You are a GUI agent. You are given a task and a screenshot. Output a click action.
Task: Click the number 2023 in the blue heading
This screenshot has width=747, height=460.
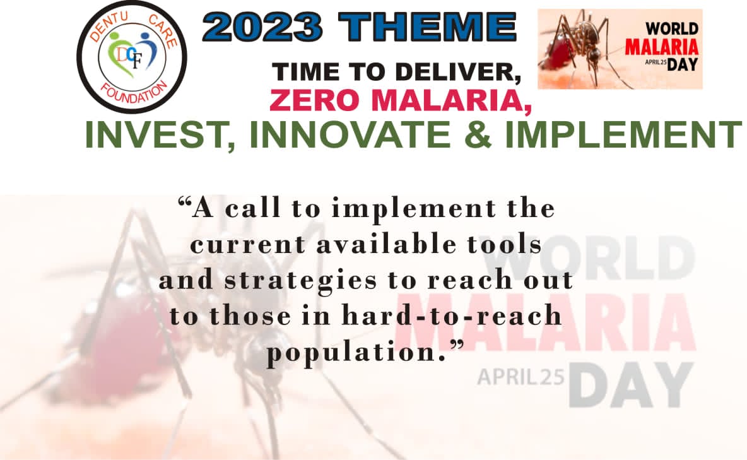tap(262, 27)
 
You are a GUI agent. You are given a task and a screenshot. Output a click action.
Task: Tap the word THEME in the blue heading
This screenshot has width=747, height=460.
tap(427, 27)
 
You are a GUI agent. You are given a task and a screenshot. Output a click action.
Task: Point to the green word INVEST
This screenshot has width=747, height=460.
tap(160, 136)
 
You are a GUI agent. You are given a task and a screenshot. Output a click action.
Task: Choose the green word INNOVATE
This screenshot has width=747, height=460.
tap(350, 134)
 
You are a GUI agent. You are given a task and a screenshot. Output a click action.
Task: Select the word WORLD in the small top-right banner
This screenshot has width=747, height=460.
tap(672, 28)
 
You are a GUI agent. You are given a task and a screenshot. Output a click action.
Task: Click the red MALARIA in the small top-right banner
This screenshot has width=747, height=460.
tap(662, 47)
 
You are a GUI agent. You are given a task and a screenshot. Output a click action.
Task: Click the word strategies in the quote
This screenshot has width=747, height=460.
tap(300, 281)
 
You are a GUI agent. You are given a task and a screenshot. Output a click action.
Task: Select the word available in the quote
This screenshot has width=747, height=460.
tap(386, 245)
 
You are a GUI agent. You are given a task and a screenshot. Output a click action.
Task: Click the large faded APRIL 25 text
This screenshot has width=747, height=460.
tap(521, 377)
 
